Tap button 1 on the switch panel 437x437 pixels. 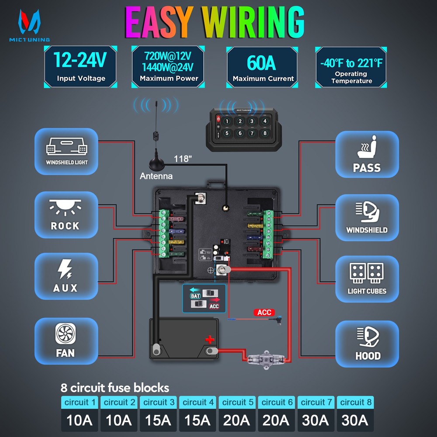pyautogui.click(x=226, y=121)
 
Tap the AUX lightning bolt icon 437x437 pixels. pyautogui.click(x=65, y=270)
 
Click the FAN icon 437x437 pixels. pyautogui.click(x=65, y=334)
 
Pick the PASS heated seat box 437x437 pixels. pyautogui.click(x=367, y=154)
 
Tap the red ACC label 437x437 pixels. pyautogui.click(x=264, y=312)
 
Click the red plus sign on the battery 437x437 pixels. pyautogui.click(x=210, y=339)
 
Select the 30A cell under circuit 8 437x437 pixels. pyautogui.click(x=355, y=420)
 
